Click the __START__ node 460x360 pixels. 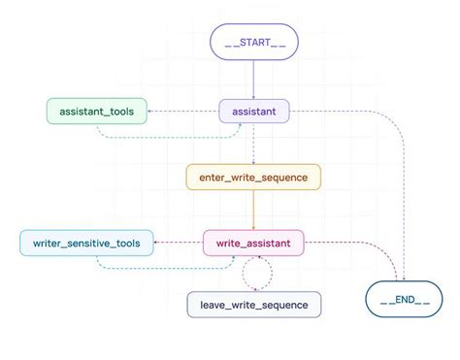[253, 42]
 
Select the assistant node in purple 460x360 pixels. [253, 112]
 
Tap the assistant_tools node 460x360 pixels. [97, 112]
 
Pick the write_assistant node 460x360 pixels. [253, 242]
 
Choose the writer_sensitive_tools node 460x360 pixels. [85, 242]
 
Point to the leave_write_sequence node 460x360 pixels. [253, 305]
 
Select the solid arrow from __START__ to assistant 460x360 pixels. [253, 78]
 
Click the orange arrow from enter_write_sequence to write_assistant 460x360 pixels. [253, 209]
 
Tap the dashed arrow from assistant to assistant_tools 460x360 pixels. [184, 112]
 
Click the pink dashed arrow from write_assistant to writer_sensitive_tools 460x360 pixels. [180, 242]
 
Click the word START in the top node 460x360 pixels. [253, 42]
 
